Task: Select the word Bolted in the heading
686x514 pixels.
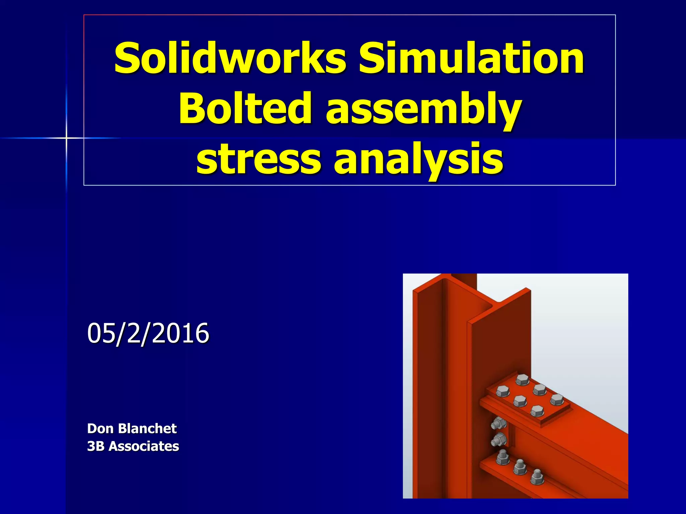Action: coord(244,108)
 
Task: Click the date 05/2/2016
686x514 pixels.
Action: coord(148,333)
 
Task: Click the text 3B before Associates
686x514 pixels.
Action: coord(95,446)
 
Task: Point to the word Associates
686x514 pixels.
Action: coord(144,446)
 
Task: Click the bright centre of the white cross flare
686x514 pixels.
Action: coord(66,138)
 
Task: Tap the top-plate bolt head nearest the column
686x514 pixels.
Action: coord(502,391)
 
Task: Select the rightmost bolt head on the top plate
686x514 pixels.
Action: coord(557,399)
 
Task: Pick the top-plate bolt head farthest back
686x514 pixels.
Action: coord(522,380)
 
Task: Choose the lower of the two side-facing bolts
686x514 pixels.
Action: coord(499,439)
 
